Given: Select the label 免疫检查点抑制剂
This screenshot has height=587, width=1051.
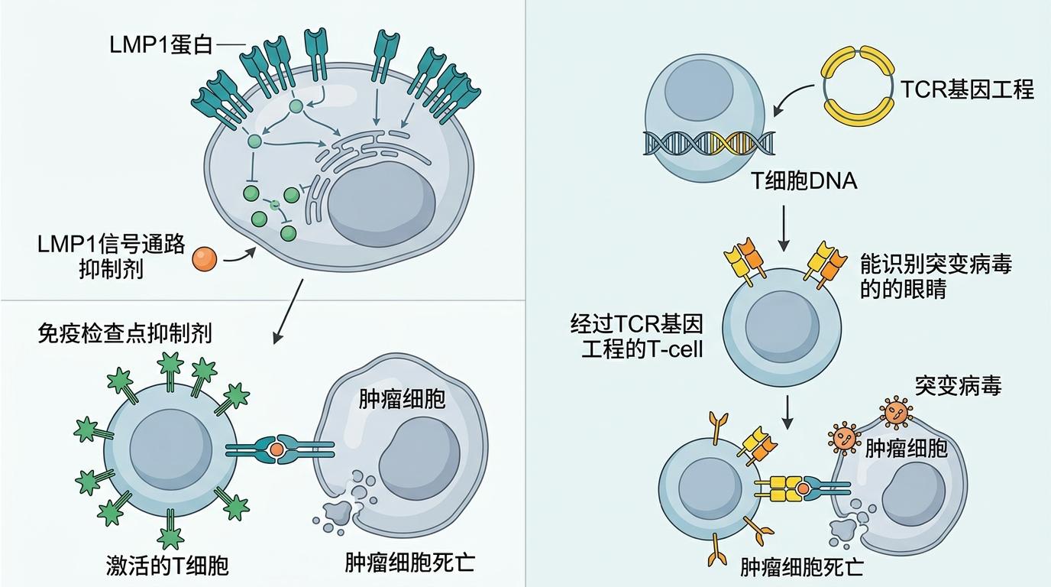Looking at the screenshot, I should (125, 333).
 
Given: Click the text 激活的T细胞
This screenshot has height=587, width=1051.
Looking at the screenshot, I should (167, 566).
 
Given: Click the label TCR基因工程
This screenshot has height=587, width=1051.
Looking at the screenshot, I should (967, 90).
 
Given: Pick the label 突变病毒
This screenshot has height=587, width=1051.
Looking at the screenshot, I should (958, 386).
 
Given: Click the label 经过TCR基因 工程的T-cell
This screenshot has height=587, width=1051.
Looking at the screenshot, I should (636, 336).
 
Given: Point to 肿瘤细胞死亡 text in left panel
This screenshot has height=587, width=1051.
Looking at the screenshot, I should (409, 563).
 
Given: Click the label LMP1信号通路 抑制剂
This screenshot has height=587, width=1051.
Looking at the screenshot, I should (112, 257).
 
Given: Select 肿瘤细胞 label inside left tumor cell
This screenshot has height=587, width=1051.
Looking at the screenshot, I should (402, 399).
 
